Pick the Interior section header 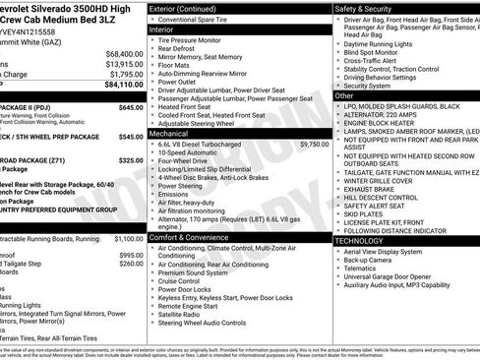tap(162, 30)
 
